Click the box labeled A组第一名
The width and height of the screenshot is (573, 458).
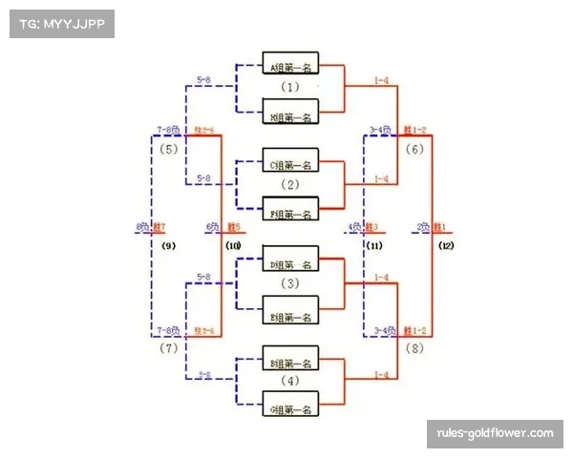tap(290, 65)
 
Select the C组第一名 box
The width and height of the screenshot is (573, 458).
tap(290, 164)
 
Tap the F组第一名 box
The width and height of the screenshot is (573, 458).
tap(290, 214)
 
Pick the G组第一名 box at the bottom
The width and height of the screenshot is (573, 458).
tap(290, 409)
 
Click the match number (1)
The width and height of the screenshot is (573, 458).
tap(290, 88)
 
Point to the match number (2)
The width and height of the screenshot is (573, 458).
tap(290, 185)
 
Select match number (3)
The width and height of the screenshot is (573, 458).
tap(290, 283)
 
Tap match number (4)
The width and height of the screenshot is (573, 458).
tap(290, 382)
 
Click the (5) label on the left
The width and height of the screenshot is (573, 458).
tap(169, 149)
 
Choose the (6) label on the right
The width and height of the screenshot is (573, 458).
tap(414, 149)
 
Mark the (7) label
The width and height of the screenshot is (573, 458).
tap(169, 349)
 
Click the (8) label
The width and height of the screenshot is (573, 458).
tap(414, 349)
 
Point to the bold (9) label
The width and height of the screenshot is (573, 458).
tap(169, 246)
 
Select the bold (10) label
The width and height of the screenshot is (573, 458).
tap(232, 246)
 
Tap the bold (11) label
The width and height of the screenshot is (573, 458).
tap(375, 246)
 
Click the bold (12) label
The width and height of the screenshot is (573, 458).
tap(446, 246)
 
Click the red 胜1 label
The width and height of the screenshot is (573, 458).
tap(441, 227)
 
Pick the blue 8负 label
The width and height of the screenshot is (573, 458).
tap(142, 227)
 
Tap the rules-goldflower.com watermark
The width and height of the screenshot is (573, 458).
tap(495, 434)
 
